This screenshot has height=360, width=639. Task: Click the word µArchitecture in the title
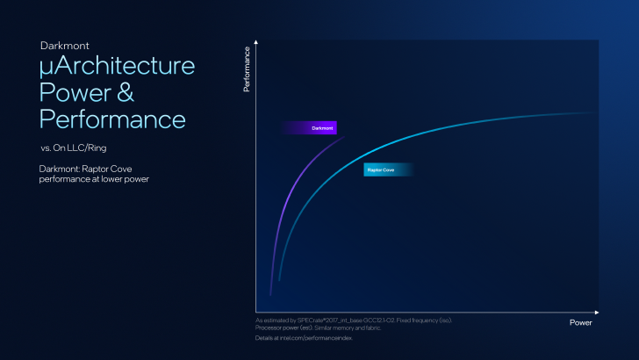117,68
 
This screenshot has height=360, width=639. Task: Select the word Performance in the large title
112,119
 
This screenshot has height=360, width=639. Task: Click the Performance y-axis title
247,69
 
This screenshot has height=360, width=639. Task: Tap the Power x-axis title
580,322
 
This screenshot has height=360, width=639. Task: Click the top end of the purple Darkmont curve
341,137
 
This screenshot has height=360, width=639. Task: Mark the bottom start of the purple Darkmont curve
270,294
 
